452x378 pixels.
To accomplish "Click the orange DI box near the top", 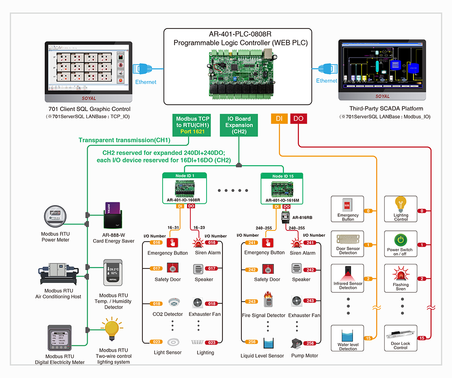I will click(279, 119).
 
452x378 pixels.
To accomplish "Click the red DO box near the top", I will click(298, 119).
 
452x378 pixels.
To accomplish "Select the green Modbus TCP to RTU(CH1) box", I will click(193, 125).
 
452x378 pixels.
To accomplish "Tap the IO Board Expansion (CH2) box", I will click(239, 125).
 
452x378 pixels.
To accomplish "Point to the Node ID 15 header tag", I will click(282, 175).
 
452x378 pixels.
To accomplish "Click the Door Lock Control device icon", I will click(400, 336).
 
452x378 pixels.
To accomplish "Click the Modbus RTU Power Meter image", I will click(56, 217).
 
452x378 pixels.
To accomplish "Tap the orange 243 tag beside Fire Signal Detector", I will click(251, 301).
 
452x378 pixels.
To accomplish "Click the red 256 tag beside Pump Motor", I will click(310, 343).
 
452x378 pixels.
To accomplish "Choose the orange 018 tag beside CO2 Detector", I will click(156, 304).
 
